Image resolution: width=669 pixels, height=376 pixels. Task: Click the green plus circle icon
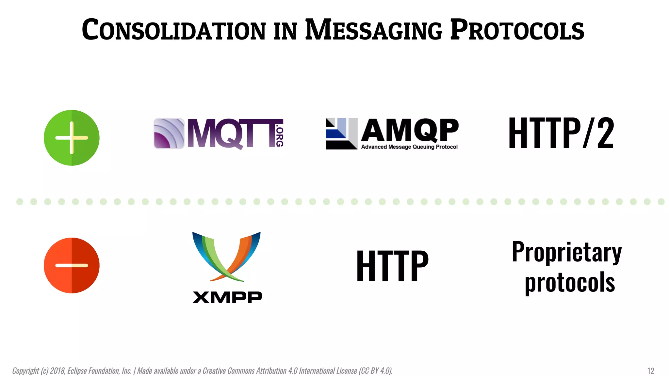[x=72, y=138]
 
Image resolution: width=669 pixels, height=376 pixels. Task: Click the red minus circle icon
[x=72, y=265]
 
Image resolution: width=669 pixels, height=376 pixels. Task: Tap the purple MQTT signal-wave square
[x=169, y=133]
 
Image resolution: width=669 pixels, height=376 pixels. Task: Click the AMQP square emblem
[x=341, y=133]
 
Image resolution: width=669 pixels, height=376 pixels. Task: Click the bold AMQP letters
[x=410, y=130]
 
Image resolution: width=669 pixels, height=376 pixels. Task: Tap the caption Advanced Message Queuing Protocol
[x=409, y=147]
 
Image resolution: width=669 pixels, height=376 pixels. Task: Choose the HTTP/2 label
[x=561, y=133]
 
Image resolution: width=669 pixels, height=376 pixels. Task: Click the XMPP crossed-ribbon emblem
[x=226, y=257]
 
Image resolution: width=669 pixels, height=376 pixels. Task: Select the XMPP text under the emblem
[x=227, y=297]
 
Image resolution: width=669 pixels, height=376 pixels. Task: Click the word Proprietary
[x=567, y=252]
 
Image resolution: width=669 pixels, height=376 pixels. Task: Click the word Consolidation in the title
[x=173, y=30]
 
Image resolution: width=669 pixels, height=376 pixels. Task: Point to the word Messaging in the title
[x=374, y=30]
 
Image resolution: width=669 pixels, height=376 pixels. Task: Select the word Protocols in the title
[x=517, y=30]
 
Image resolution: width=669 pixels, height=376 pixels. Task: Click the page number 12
[x=650, y=371]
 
